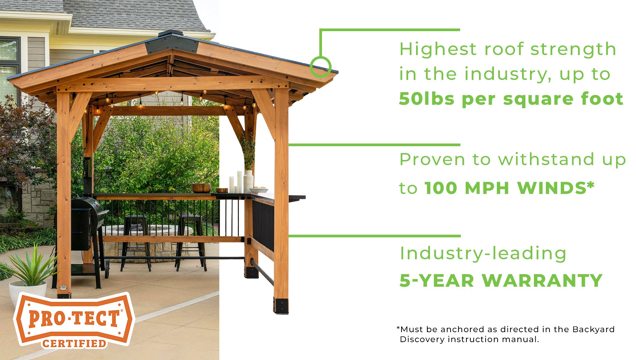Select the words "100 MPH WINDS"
(510, 188)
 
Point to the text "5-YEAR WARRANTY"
(501, 280)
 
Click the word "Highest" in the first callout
(438, 49)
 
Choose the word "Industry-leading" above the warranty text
(483, 254)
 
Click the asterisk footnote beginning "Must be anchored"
(505, 334)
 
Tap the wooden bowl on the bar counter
(201, 188)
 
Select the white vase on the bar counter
(248, 181)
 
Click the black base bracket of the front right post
(281, 306)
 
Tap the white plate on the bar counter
(258, 190)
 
